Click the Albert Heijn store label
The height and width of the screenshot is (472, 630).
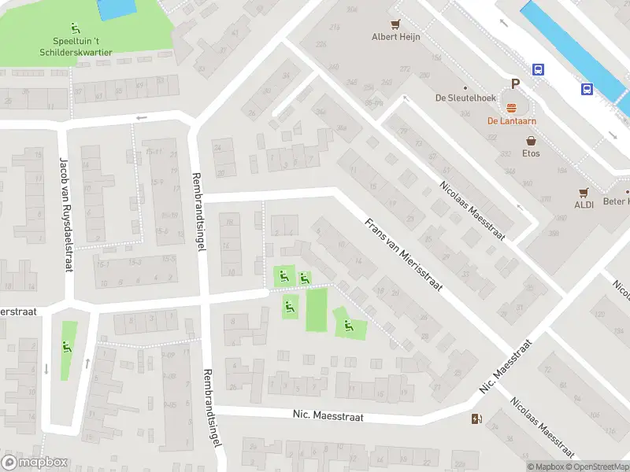coord(396,36)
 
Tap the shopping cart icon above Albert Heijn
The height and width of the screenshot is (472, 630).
coord(396,24)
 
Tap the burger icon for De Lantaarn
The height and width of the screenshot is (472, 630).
coord(511,109)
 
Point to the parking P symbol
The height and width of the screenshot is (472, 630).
coord(516,84)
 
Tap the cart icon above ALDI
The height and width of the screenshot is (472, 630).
coord(584,191)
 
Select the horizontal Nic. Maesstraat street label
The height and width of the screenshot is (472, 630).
coord(328,416)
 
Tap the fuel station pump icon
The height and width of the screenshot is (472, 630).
coord(476,419)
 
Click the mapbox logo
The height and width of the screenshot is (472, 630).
coord(35,463)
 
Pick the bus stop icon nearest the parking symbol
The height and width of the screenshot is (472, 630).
coord(539,69)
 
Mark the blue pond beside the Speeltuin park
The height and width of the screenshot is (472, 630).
coord(116,9)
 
